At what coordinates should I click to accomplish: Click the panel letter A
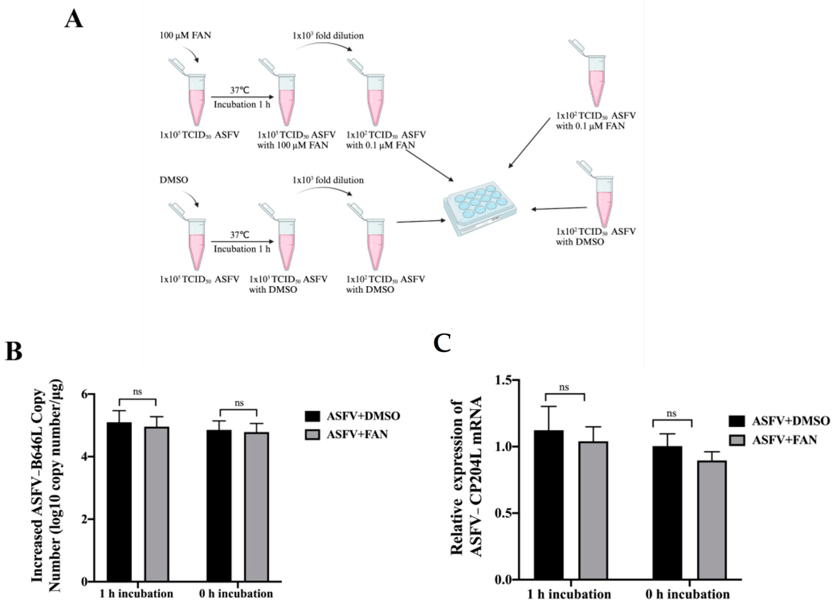(73, 19)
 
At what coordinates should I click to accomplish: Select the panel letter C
(442, 343)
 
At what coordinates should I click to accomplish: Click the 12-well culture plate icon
(480, 208)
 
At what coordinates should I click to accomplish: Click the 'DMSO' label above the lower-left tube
(174, 180)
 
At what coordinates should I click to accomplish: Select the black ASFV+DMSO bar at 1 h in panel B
(119, 501)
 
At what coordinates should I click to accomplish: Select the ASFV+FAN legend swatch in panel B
(312, 435)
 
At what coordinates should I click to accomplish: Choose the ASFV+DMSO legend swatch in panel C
(737, 421)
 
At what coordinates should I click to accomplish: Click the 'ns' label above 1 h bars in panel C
(564, 387)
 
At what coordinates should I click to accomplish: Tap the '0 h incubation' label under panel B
(236, 594)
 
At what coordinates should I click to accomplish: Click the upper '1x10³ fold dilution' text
(328, 36)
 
